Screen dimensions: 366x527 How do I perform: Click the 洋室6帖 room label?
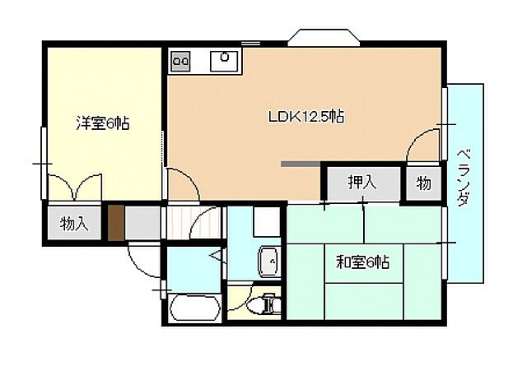tap(103, 124)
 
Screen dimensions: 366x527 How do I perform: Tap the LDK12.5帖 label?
tap(305, 117)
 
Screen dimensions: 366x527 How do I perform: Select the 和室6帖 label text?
tap(362, 263)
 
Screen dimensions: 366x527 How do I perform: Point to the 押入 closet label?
tap(361, 183)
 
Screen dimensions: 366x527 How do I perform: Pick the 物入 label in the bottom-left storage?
tap(74, 224)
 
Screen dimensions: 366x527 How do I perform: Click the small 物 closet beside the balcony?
tap(423, 183)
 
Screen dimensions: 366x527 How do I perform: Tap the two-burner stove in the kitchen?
tap(180, 60)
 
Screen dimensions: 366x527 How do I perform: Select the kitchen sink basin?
tap(224, 58)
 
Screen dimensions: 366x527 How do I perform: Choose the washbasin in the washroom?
tap(268, 262)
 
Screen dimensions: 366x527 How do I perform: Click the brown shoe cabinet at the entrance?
tap(116, 222)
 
